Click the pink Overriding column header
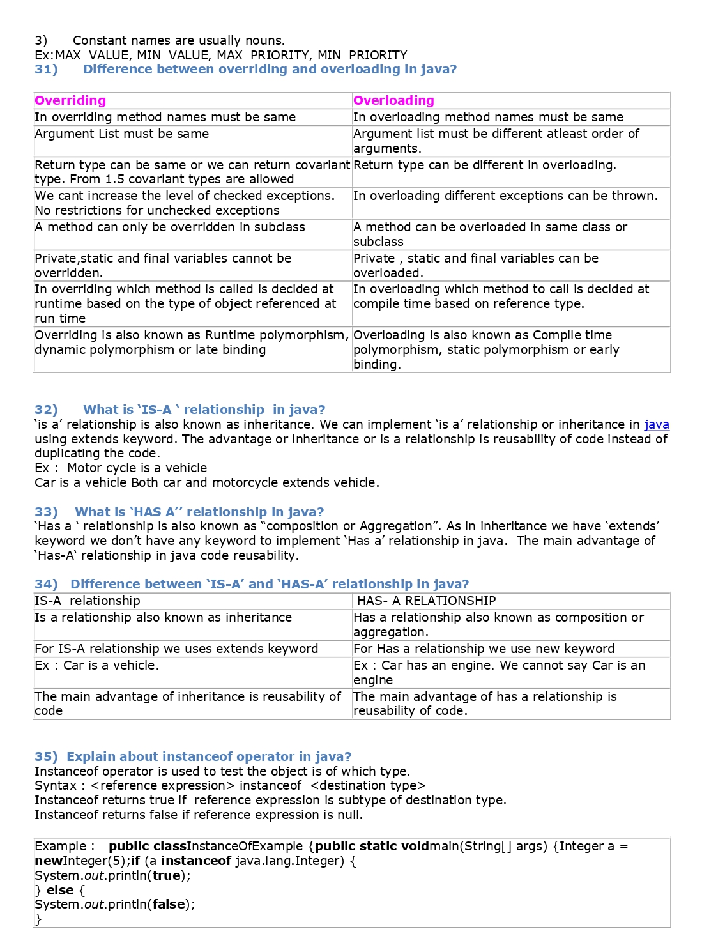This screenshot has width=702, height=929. pos(70,100)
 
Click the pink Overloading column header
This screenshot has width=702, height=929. pos(393,100)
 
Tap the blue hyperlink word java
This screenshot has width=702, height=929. pos(657,424)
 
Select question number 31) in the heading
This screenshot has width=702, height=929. pos(46,69)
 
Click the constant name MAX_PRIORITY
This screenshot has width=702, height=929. pos(263,55)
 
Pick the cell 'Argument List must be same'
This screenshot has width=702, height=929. pos(122,134)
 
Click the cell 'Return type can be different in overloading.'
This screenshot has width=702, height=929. pos(485,165)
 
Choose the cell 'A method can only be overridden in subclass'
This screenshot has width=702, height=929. pos(170,227)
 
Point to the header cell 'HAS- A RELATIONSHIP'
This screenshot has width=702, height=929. pos(426,601)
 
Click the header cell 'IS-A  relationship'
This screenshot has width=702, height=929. pos(88,601)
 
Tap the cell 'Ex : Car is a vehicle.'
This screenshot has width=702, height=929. pos(97,665)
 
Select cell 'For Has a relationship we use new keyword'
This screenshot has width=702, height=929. pos(484,649)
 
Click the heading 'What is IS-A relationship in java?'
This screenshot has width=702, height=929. pos(204,410)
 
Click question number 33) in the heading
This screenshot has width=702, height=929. pos(46,512)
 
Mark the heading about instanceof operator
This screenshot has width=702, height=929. pos(209,756)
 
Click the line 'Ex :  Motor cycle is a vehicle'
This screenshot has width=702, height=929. pos(121,468)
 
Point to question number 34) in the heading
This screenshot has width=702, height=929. pos(46,584)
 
